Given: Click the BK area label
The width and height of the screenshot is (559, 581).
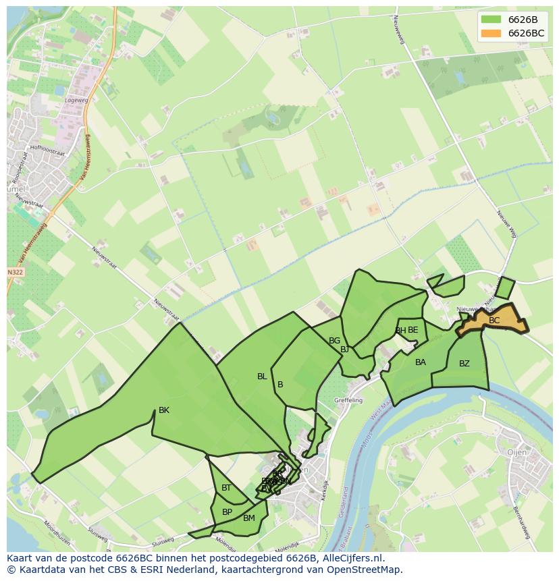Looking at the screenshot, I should point(164,410).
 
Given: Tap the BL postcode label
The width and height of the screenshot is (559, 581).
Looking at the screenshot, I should point(262,377).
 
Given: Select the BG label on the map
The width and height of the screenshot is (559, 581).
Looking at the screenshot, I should point(334,341).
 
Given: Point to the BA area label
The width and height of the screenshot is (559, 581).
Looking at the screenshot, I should point(421,362).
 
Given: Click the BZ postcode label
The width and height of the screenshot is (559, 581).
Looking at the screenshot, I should point(464,364).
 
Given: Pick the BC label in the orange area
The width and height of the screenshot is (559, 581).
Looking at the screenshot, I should point(494,321).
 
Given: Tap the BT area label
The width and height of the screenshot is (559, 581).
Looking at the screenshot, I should point(226,488).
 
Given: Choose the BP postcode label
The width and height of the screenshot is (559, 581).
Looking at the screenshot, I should point(227,512).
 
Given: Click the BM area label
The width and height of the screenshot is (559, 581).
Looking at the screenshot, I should point(249,518).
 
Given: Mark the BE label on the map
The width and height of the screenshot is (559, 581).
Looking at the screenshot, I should point(413,330).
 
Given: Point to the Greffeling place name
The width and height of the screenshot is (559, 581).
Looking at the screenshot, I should point(348,400).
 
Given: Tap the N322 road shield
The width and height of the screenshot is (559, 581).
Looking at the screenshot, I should point(15,273).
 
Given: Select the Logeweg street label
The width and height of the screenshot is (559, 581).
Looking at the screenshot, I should point(76,100).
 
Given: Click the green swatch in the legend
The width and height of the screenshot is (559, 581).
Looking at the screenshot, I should point(491,19).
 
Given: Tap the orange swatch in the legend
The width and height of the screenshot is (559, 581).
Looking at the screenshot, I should point(491,33).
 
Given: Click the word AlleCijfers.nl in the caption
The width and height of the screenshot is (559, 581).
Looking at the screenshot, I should point(352,558).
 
